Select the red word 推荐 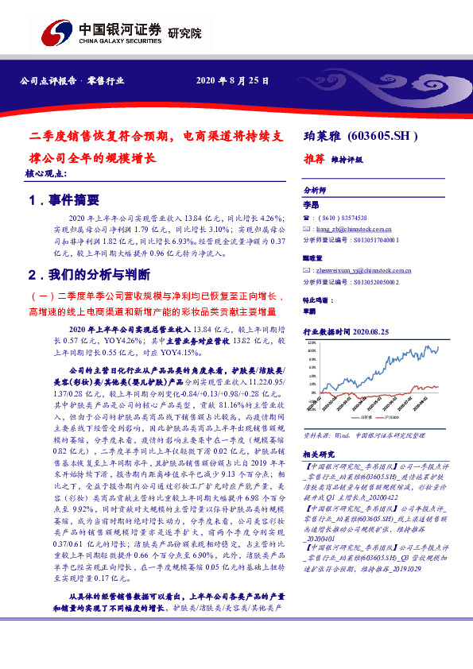315,158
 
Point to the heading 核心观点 46,172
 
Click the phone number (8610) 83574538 343,217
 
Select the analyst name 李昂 310,205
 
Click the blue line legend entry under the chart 362,416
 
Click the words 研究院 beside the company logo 185,34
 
